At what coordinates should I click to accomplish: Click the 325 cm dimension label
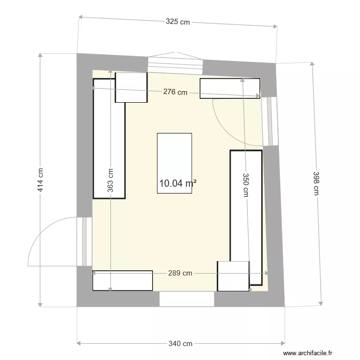point(178,22)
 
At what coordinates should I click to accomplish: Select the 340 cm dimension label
point(180,343)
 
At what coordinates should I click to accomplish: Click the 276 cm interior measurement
point(175,93)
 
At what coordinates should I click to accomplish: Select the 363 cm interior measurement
point(110,180)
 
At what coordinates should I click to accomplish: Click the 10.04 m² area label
point(178,183)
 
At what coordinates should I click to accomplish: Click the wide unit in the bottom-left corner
point(122,281)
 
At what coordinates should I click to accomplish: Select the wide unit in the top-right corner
point(229,88)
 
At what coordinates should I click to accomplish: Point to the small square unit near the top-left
point(131,87)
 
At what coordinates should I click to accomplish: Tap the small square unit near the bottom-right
point(233,276)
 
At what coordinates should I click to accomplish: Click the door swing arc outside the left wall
point(50,240)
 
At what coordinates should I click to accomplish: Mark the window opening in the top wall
point(175,63)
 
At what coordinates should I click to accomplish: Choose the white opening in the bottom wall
point(186,299)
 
